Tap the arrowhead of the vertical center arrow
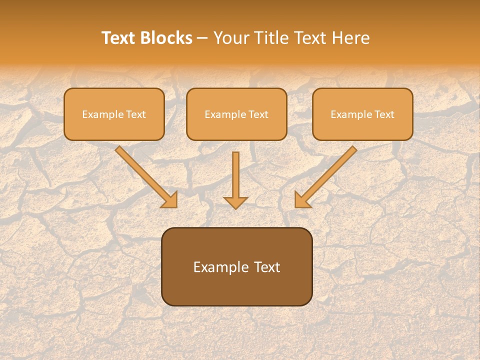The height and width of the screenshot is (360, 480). click(235, 202)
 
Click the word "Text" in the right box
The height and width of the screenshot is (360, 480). click(384, 114)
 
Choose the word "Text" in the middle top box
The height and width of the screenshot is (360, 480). click(258, 114)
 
